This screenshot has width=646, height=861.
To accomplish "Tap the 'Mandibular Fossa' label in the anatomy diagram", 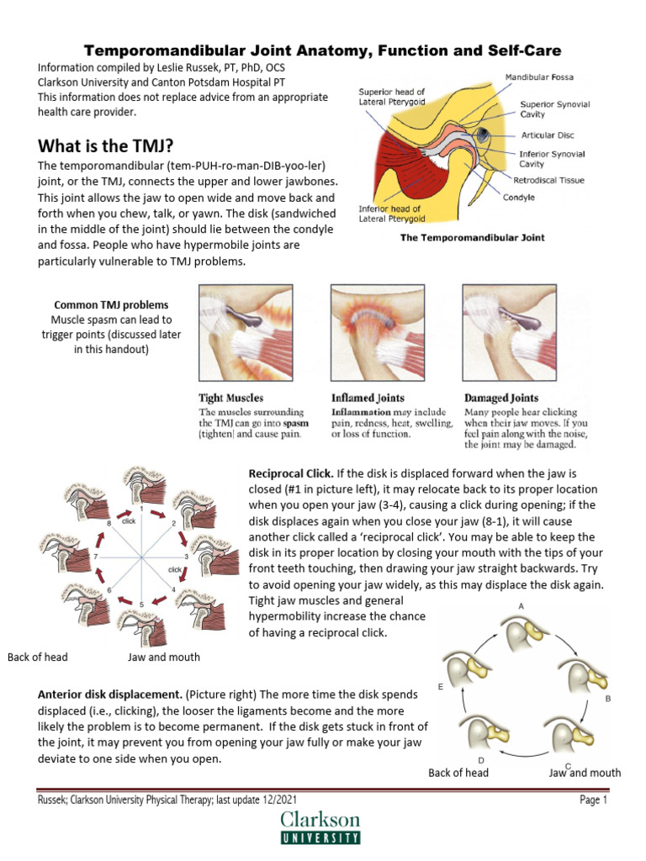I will pos(539,77).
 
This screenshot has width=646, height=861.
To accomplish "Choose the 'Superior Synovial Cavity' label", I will pos(554,109).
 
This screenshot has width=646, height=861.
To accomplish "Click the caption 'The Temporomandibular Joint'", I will pos(471,238).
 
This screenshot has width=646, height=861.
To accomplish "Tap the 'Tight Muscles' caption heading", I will pos(230,398).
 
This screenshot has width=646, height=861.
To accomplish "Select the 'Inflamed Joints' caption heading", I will pos(368,398).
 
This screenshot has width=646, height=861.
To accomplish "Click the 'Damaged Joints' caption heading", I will pos(502,398).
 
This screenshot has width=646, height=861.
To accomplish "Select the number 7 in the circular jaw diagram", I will pos(98,557).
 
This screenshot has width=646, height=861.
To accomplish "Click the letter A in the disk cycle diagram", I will pos(522,605).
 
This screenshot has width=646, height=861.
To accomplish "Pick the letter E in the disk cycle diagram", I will pos(441,687).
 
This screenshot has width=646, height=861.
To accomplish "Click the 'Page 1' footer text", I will pos(593,800).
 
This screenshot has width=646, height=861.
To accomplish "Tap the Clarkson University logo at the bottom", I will pos(320,827).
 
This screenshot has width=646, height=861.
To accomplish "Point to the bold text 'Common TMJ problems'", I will pos(111,305).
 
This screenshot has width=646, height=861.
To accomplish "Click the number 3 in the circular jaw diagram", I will pos(185,557).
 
